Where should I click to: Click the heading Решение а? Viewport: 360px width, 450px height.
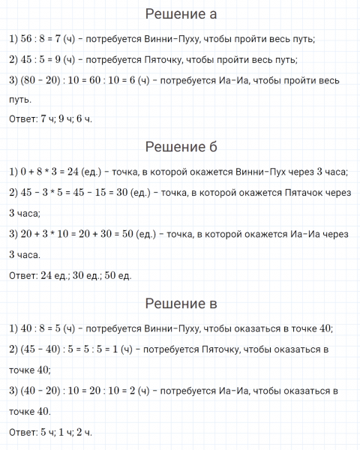click(x=179, y=14)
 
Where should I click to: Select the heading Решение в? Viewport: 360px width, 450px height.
click(x=179, y=304)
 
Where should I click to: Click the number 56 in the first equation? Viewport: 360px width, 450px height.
click(x=27, y=39)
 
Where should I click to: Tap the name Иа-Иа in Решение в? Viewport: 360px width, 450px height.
click(x=228, y=391)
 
